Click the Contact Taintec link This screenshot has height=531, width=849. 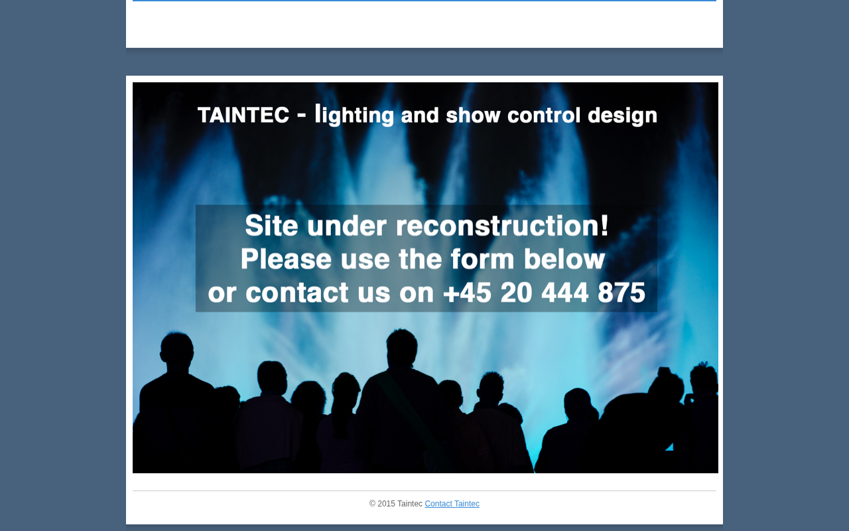pos(452,504)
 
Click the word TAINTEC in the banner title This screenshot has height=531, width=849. pos(243,115)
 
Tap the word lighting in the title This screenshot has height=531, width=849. pos(354,115)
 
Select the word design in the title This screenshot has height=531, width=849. pos(622,115)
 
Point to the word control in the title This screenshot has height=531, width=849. pos(544,115)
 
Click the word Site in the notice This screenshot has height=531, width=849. pos(271,225)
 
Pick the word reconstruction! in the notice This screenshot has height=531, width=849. pos(502,225)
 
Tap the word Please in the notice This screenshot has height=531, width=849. pos(286,259)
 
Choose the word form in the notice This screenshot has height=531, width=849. pos(482,259)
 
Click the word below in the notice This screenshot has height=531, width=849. pos(564,259)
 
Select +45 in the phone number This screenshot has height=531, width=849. pos(467,293)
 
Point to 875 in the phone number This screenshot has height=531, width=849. pos(621,293)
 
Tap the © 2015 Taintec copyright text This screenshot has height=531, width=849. pos(396,504)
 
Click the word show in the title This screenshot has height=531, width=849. pos(473,115)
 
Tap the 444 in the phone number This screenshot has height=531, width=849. pos(564,293)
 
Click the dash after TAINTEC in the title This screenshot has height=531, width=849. pos(302,115)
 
